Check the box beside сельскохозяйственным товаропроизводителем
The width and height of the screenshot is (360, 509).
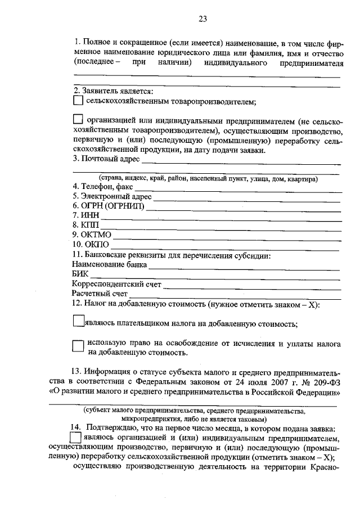pyautogui.click(x=78, y=101)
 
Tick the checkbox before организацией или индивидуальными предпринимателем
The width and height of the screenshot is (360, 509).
pyautogui.click(x=78, y=119)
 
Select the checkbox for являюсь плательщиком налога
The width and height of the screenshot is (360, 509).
pyautogui.click(x=78, y=321)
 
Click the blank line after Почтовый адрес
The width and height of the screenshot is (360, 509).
pyautogui.click(x=242, y=163)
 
